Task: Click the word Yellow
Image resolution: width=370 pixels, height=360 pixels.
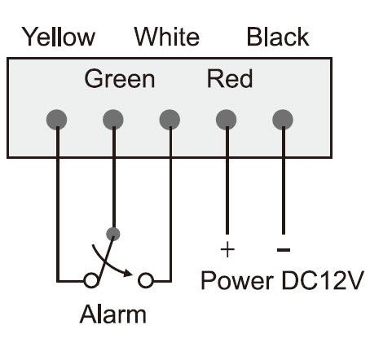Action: (x=59, y=37)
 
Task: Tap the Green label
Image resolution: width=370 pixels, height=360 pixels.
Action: (x=120, y=79)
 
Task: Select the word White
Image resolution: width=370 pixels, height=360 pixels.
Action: (x=167, y=36)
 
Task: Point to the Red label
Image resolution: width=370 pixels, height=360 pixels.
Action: (x=230, y=78)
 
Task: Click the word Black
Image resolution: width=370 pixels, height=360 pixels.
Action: (x=278, y=37)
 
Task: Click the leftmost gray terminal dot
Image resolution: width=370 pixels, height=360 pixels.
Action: (x=56, y=120)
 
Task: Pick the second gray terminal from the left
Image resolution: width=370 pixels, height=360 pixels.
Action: (x=113, y=120)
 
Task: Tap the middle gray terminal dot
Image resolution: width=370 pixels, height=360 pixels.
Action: (x=170, y=120)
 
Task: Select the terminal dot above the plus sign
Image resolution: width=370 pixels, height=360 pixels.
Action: (x=226, y=120)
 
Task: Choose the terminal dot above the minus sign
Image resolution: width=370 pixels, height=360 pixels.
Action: (x=283, y=120)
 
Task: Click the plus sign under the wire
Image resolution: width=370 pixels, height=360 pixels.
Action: (x=227, y=249)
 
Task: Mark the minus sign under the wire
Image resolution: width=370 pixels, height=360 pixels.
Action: (x=284, y=249)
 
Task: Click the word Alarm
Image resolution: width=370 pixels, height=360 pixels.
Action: (x=112, y=314)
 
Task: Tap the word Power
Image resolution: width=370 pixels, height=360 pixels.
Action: (x=237, y=280)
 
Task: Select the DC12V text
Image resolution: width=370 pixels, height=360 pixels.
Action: (x=323, y=280)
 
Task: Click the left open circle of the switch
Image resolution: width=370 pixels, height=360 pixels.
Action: (x=90, y=280)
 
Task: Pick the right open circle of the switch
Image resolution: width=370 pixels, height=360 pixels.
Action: (x=146, y=280)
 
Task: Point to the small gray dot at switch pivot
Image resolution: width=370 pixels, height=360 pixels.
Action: (x=113, y=234)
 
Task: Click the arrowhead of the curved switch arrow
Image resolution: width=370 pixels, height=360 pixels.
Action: (x=128, y=273)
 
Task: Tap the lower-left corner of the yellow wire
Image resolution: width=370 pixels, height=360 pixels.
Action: (x=58, y=281)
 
